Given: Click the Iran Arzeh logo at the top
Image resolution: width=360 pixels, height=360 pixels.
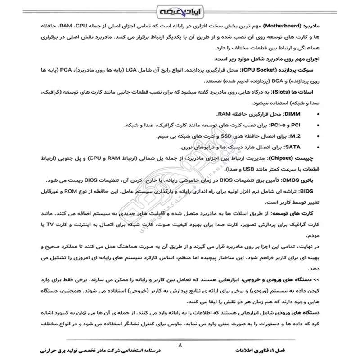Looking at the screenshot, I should [x=180, y=10].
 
